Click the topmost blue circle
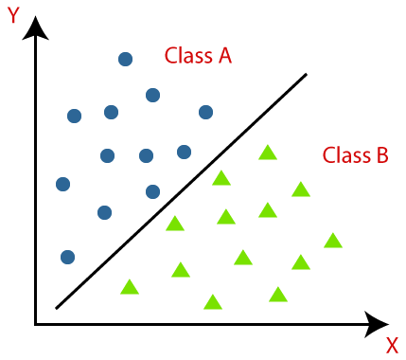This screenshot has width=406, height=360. pos(125,59)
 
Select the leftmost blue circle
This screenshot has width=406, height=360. pos(63,184)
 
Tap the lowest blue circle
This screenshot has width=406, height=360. pos(67,257)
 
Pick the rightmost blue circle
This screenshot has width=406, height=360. pos(205,112)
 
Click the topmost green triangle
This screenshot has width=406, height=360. pos(268,152)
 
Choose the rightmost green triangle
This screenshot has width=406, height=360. pos(332,241)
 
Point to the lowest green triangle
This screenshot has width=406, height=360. pos(213,302)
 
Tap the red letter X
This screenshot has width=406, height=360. pos(391,346)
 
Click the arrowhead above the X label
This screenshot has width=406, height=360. pos(376,323)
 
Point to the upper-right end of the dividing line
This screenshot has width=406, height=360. pos(307,74)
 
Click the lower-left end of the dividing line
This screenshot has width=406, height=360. pos(57,309)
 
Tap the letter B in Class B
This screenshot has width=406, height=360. pos(381,154)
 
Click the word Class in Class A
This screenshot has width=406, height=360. pos(187,55)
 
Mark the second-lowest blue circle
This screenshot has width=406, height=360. pos(104,212)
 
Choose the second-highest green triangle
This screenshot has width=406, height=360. pos(221,177)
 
